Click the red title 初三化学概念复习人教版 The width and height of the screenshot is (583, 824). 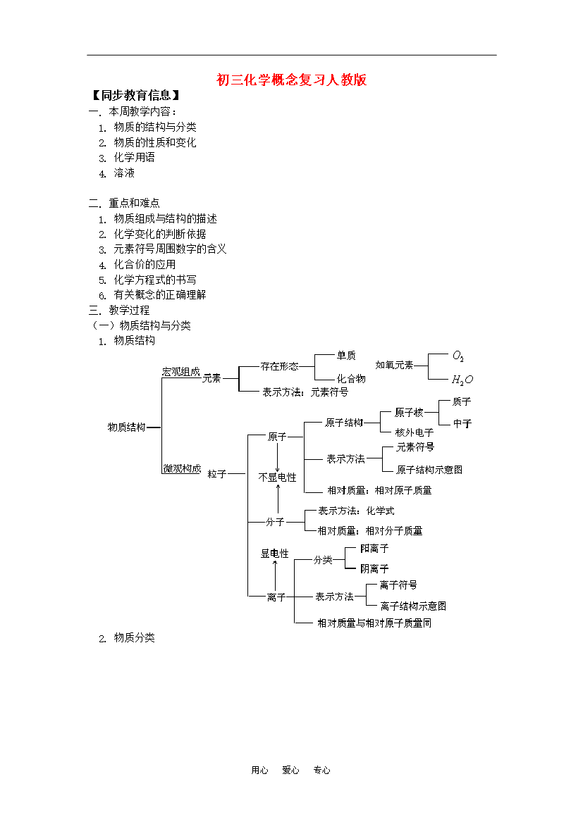(292, 80)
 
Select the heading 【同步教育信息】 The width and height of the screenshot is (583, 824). (136, 95)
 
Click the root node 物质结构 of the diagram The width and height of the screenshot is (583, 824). (126, 427)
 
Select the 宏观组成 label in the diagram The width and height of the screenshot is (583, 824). (181, 372)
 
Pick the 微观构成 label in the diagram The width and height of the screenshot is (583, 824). (182, 468)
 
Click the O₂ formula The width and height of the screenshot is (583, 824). (458, 356)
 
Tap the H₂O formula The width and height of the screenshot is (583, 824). (462, 380)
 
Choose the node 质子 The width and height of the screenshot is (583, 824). (462, 401)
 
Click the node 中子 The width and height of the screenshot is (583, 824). (462, 423)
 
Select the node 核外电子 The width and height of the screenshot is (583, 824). (414, 432)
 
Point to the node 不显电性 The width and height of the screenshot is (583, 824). (277, 477)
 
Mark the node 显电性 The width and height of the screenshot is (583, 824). (275, 554)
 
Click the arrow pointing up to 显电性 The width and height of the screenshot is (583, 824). (275, 575)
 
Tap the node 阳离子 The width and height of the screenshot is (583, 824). (374, 549)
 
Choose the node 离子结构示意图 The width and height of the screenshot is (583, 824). (413, 606)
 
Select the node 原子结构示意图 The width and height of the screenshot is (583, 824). (429, 470)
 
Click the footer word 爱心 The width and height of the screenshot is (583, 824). (290, 770)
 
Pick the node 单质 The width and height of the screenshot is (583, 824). (346, 355)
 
